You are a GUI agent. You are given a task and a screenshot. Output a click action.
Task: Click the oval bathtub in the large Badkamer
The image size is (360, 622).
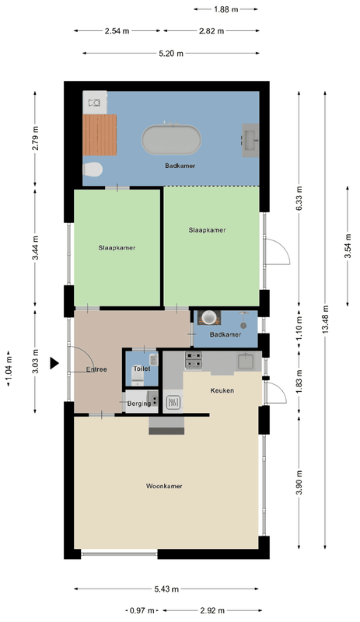coord(172,140)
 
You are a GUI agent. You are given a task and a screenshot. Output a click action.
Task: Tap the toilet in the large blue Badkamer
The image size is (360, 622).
coord(93,169)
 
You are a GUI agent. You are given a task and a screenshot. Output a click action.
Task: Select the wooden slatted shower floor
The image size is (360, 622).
coord(100,135)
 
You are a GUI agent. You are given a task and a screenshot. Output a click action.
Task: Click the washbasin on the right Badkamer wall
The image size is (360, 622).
coord(251,140)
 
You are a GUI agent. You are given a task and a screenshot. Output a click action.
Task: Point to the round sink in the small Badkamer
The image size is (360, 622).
coord(209,317)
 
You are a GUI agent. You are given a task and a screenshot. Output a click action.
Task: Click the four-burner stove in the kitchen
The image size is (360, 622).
coord(194,360)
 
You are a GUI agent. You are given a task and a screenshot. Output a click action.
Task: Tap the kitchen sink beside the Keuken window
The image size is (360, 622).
coord(246,362)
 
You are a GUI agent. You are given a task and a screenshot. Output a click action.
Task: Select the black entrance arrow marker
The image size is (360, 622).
coord(54,363)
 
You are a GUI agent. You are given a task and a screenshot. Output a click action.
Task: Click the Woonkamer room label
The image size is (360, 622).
coord(164,486)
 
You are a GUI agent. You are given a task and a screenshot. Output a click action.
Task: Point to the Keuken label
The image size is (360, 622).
coord(222,390)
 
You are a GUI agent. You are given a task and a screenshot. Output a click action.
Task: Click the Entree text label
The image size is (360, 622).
coord(96,369)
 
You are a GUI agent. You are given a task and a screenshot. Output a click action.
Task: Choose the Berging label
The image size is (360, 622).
coord(139,404)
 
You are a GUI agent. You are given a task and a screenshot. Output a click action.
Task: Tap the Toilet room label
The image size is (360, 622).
coord(142,369)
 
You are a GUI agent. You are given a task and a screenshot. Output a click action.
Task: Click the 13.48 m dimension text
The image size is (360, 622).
coord(326,319)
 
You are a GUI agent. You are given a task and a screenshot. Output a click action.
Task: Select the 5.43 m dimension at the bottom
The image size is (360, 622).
coord(166,589)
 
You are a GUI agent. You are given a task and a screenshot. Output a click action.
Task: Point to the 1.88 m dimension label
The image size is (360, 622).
coord(225,9)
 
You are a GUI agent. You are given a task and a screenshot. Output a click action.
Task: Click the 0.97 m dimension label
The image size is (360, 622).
coord(142,610)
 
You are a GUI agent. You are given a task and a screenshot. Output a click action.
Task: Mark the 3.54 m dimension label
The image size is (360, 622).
coord(348,246)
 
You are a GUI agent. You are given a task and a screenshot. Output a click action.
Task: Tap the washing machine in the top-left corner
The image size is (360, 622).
coord(95,103)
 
